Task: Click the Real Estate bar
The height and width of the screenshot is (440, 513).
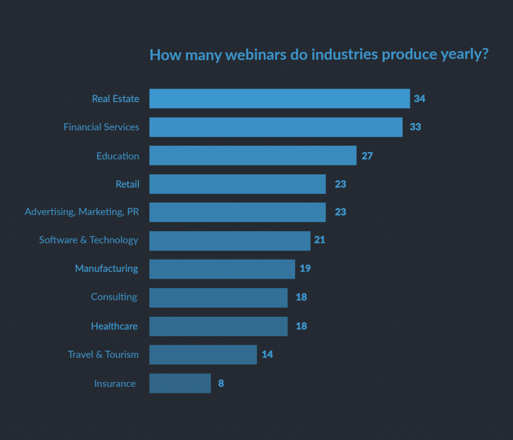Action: (x=280, y=99)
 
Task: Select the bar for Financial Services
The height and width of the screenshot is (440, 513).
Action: (x=276, y=127)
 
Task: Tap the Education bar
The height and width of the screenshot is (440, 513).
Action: (x=253, y=156)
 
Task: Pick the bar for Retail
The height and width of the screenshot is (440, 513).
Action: (x=237, y=184)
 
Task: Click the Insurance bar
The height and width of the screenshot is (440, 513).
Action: (x=180, y=383)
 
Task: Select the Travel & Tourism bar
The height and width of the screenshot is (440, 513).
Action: (x=203, y=355)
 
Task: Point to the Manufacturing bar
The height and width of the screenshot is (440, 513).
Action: (x=222, y=269)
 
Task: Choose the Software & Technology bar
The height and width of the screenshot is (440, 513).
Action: (x=230, y=241)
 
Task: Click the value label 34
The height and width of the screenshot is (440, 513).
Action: (x=419, y=99)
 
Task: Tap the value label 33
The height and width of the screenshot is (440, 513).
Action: (x=415, y=127)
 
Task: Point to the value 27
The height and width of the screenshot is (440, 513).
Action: (x=367, y=156)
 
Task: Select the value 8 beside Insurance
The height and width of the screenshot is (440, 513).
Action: (x=221, y=383)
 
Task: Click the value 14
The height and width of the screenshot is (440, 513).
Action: (x=267, y=355)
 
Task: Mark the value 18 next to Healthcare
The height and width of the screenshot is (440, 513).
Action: (x=301, y=326)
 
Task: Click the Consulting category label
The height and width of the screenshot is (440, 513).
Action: (x=114, y=297)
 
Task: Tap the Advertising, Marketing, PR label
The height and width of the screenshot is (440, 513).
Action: (x=82, y=212)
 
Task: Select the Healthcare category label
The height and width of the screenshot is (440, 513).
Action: (x=114, y=326)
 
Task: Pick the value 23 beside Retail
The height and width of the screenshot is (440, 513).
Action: (x=340, y=184)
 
